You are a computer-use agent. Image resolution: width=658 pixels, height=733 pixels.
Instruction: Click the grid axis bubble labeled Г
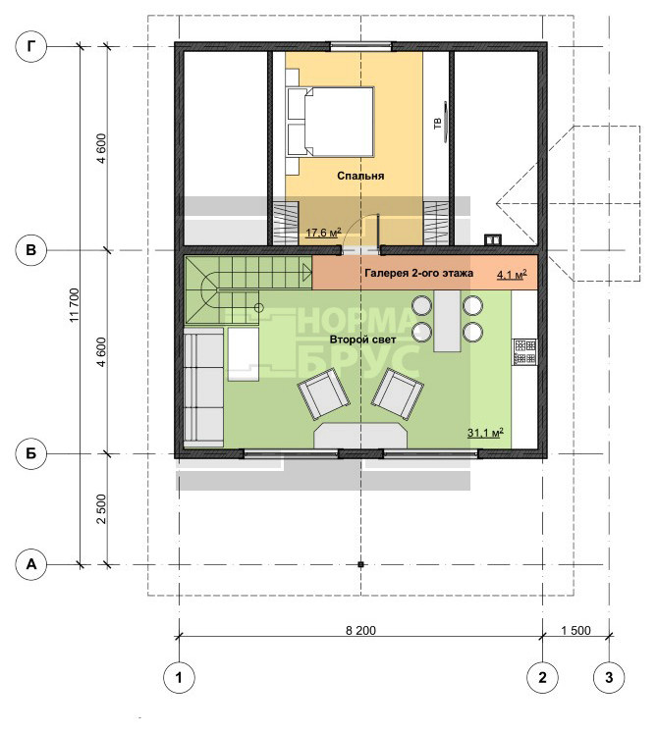(x=31, y=46)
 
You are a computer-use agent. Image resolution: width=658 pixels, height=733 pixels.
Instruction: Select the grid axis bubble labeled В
(x=31, y=250)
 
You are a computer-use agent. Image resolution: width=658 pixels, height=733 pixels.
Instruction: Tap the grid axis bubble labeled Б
(x=31, y=453)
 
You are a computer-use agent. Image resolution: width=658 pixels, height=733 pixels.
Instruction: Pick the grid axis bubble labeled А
(x=31, y=564)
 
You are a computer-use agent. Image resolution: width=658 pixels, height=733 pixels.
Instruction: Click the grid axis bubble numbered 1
(x=179, y=677)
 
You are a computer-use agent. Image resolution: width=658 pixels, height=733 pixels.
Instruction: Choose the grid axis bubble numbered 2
(x=542, y=677)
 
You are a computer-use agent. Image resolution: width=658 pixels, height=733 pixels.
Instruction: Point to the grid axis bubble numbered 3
(x=609, y=677)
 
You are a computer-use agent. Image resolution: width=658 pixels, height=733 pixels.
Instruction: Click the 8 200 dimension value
(x=360, y=630)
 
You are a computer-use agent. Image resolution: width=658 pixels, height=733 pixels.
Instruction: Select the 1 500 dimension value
(x=576, y=630)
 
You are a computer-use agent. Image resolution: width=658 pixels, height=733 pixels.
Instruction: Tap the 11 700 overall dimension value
(x=75, y=305)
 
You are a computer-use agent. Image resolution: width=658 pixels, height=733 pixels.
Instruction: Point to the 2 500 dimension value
(x=101, y=509)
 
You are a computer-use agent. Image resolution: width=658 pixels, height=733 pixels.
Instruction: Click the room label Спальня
(x=360, y=176)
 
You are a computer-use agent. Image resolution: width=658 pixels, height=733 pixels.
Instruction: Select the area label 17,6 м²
(x=323, y=232)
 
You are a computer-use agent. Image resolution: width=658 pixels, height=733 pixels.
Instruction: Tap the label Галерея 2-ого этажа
(x=418, y=273)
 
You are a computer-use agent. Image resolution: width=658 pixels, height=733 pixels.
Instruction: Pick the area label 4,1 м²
(x=512, y=275)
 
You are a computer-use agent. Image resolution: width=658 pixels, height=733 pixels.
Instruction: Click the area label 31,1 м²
(x=485, y=433)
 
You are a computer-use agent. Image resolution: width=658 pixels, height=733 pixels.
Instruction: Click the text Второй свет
(x=362, y=340)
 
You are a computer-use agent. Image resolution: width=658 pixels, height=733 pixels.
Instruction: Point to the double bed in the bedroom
(x=331, y=122)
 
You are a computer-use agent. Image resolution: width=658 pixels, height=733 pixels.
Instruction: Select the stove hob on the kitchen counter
(x=524, y=352)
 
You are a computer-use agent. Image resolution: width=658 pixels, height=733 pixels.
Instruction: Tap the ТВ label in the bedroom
(x=438, y=124)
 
